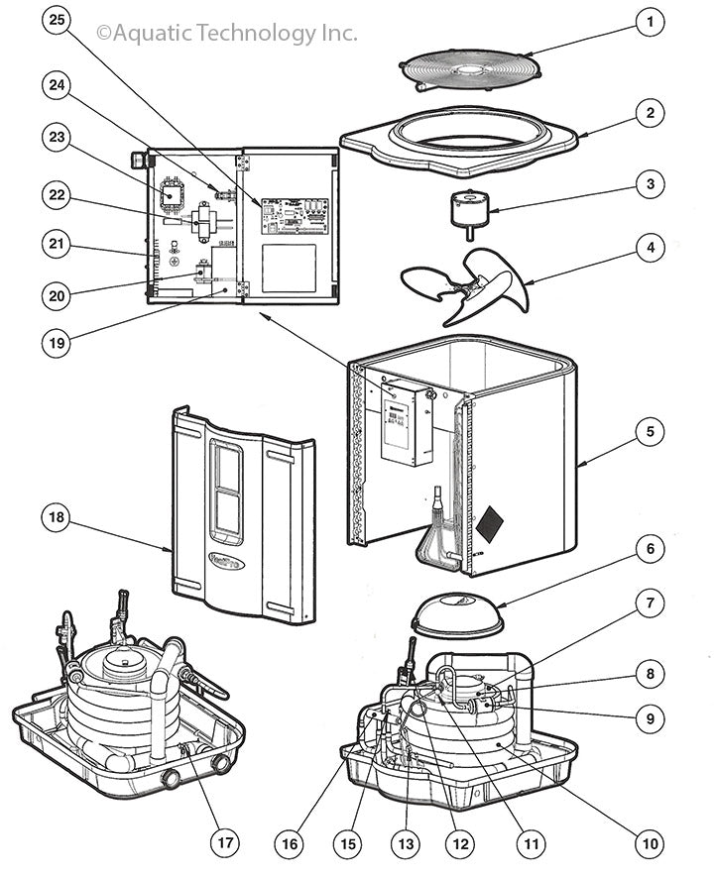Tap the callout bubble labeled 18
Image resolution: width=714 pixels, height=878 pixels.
(x=58, y=517)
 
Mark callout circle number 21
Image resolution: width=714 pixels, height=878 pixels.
(x=58, y=243)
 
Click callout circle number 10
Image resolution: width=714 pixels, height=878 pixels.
(x=650, y=843)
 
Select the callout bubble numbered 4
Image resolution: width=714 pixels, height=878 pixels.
(x=650, y=247)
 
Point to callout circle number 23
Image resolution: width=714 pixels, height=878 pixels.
(x=58, y=136)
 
